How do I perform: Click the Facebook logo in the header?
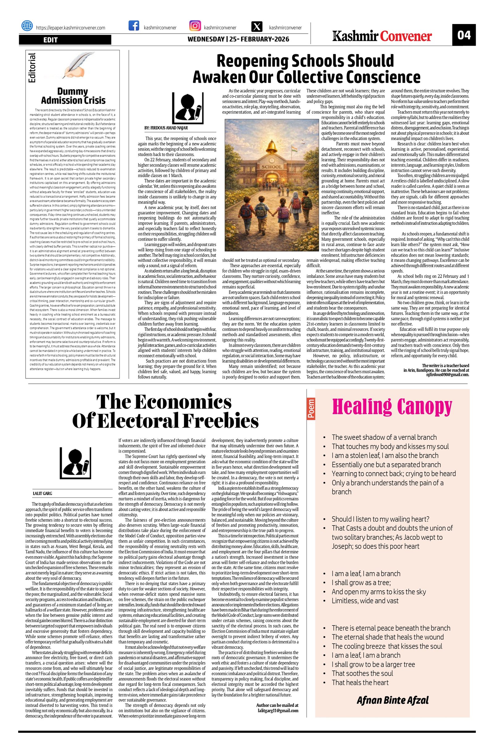134,26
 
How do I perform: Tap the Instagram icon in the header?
195,26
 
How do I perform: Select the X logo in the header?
257,27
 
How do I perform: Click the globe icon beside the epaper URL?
27,26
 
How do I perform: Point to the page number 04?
464,35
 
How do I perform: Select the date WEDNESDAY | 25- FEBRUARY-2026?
238,39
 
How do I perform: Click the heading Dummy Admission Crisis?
73,96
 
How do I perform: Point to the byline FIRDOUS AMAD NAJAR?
166,128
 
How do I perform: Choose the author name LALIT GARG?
43,493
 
